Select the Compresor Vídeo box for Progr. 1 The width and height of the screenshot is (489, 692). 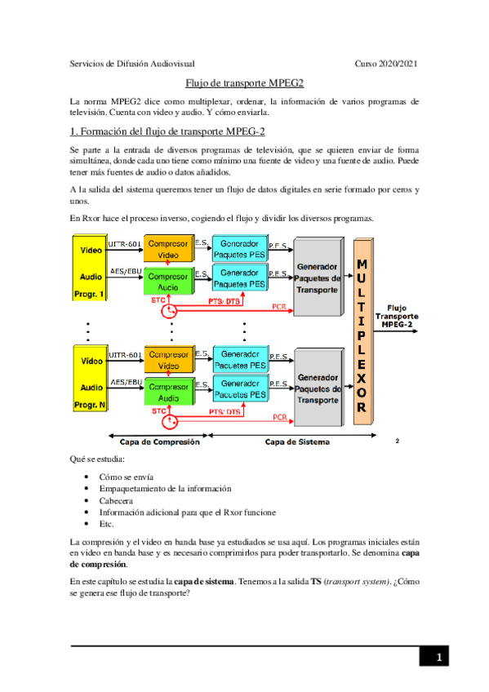click(x=168, y=249)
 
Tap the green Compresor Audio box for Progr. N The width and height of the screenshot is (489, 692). click(x=168, y=391)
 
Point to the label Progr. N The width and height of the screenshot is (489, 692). click(x=91, y=405)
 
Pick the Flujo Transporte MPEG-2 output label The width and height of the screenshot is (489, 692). click(x=397, y=315)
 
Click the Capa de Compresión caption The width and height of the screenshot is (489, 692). click(x=155, y=441)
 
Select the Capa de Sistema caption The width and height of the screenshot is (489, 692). click(x=297, y=441)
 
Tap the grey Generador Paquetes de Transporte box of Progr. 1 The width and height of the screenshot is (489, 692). click(x=318, y=278)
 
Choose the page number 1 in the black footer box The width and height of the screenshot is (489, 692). click(x=438, y=657)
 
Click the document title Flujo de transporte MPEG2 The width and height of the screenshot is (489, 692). click(x=244, y=82)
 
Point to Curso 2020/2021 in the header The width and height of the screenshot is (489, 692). click(x=386, y=63)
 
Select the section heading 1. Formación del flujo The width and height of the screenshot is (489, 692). click(x=167, y=131)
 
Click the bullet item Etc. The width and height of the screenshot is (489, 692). click(x=107, y=524)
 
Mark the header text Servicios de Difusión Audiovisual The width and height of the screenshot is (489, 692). click(x=131, y=63)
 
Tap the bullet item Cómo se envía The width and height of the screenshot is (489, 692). click(x=127, y=477)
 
